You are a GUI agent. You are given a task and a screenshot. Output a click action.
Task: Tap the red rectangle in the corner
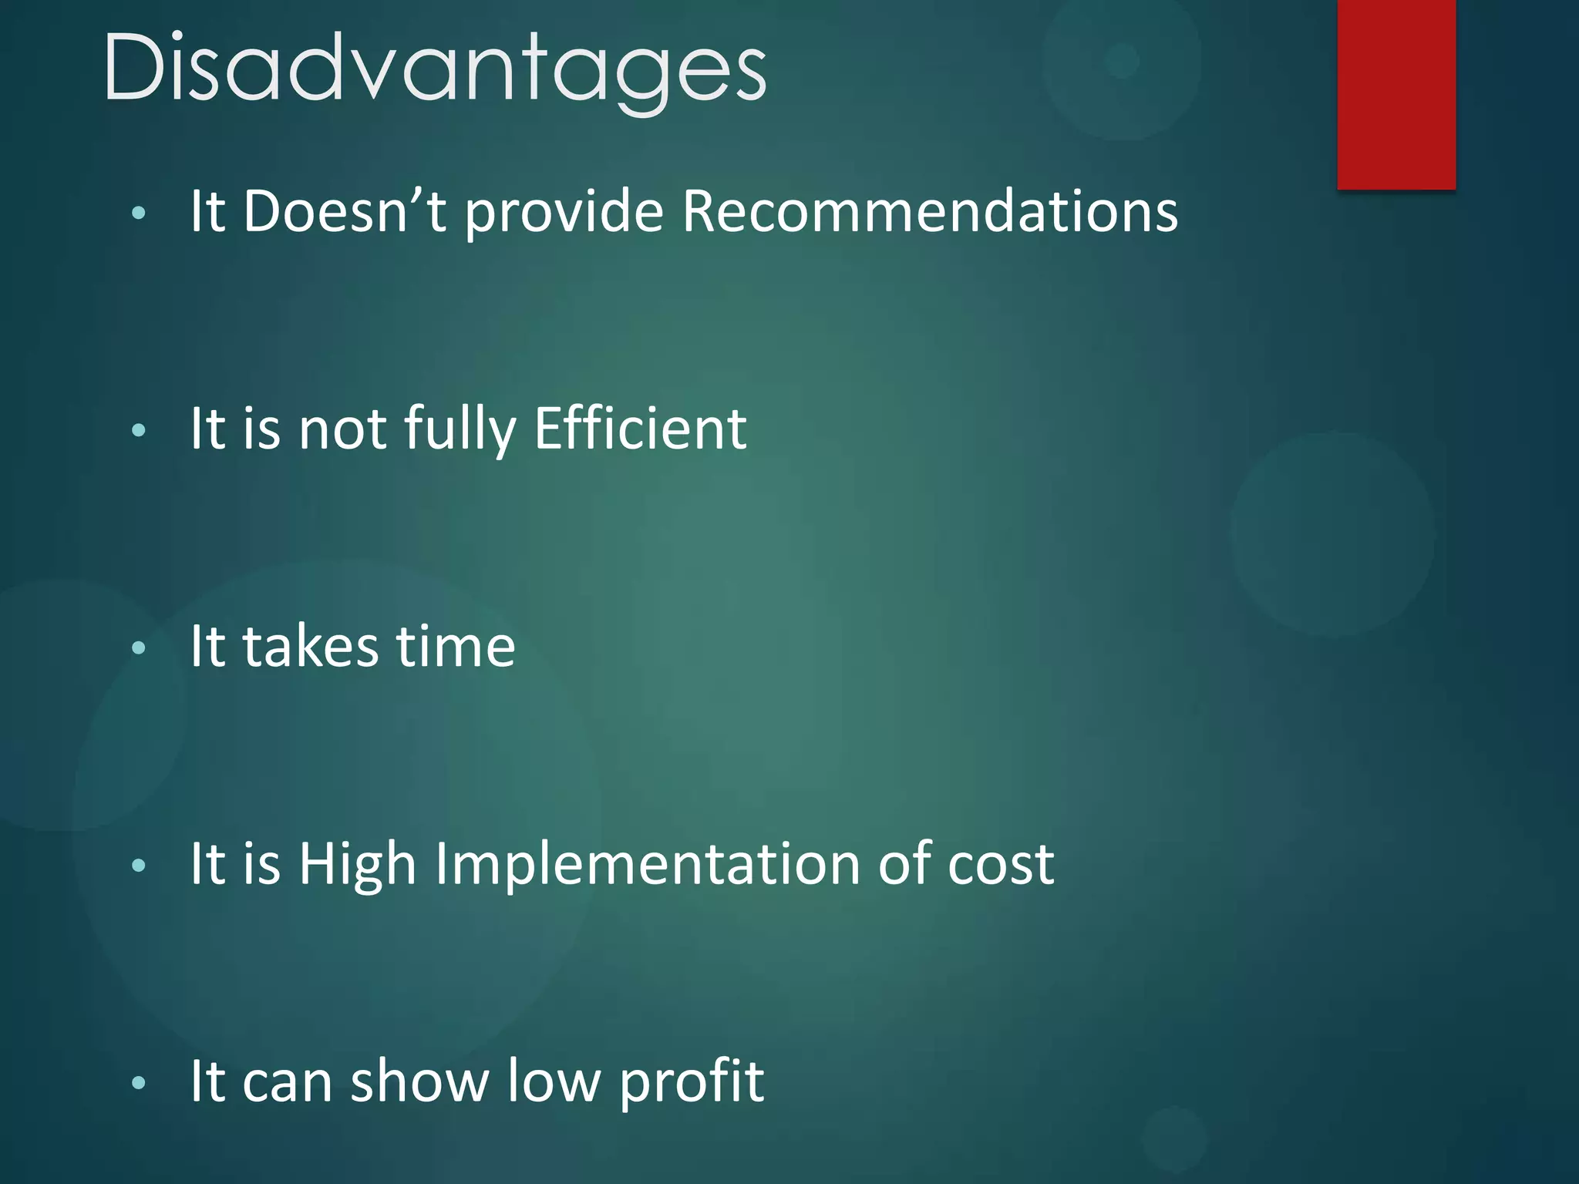(1396, 94)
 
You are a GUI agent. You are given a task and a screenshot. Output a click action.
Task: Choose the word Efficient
(640, 429)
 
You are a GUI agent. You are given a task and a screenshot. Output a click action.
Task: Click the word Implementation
(647, 864)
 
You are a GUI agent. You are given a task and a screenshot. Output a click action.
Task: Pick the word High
(357, 864)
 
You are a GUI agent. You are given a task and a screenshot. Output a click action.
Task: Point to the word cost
(1000, 864)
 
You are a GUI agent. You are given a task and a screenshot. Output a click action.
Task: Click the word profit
(692, 1082)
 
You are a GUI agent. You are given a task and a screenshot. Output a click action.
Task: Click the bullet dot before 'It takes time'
(138, 648)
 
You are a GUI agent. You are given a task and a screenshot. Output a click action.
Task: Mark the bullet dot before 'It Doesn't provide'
(138, 214)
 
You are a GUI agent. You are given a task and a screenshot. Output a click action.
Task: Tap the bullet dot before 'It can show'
(138, 1084)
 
